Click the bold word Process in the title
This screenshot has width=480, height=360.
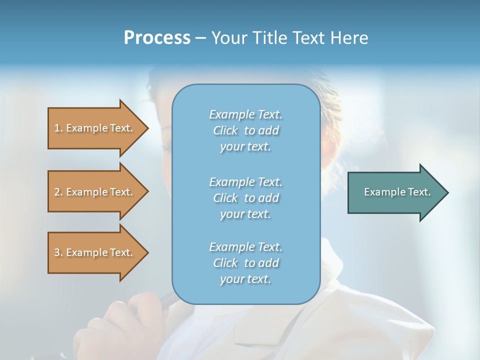[x=157, y=38]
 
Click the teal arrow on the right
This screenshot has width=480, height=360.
[x=395, y=192]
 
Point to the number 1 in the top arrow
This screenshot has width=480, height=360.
[x=57, y=128]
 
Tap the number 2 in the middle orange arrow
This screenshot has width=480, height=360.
[x=57, y=192]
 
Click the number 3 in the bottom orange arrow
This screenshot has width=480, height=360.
[x=57, y=252]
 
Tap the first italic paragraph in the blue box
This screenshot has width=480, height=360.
[x=245, y=130]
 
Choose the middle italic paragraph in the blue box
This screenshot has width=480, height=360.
[x=245, y=197]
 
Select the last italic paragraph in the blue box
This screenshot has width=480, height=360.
[x=245, y=263]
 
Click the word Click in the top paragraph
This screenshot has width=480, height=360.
[x=225, y=130]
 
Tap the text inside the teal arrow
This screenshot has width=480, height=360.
[x=397, y=192]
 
